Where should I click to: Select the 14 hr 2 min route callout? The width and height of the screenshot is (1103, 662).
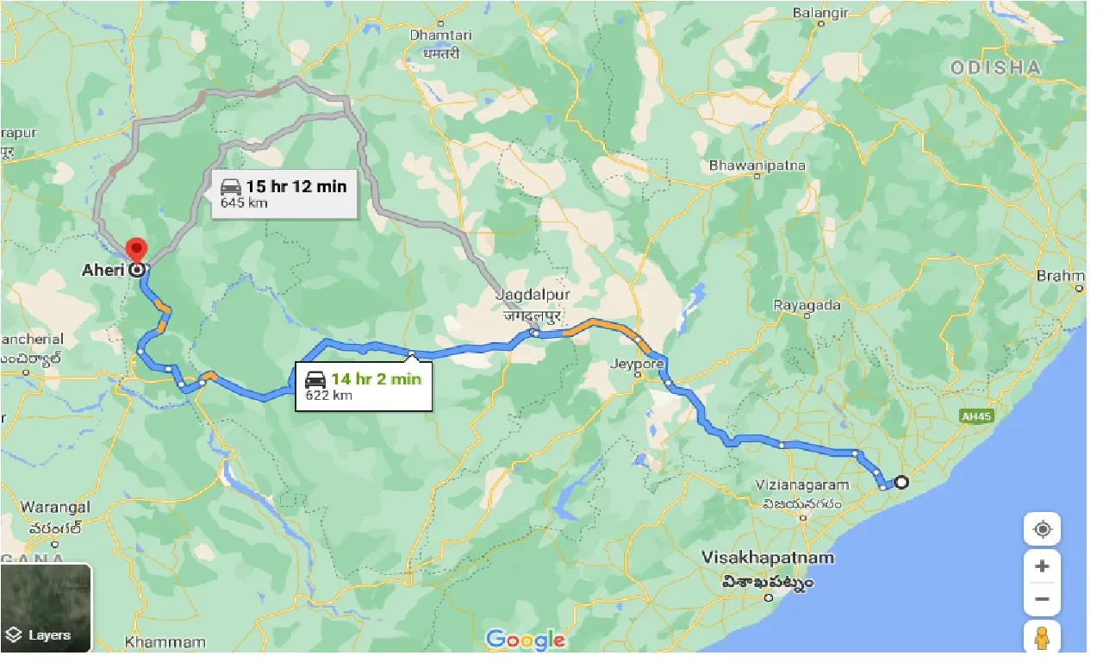[362, 385]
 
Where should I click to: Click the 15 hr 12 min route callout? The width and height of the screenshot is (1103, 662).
[283, 193]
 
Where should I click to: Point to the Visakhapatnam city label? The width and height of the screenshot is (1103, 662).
[768, 558]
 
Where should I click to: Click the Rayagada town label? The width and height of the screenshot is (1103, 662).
[806, 305]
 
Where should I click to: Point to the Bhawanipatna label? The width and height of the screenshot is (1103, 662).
[757, 165]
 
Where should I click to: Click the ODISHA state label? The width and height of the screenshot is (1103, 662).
[995, 67]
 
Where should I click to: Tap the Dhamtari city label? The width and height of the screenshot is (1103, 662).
[441, 35]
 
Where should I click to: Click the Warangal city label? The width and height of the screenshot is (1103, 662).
[54, 507]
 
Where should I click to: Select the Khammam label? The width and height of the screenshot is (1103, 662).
[165, 642]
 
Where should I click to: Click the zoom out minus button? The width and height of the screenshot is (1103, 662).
[1042, 599]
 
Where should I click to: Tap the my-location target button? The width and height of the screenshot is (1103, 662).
[1042, 528]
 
